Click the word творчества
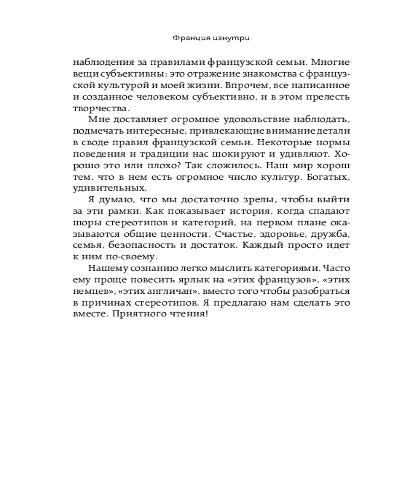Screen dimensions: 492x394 pos(96,109)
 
